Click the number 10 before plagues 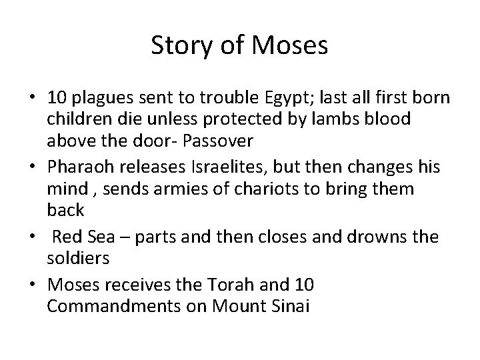click(x=56, y=99)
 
